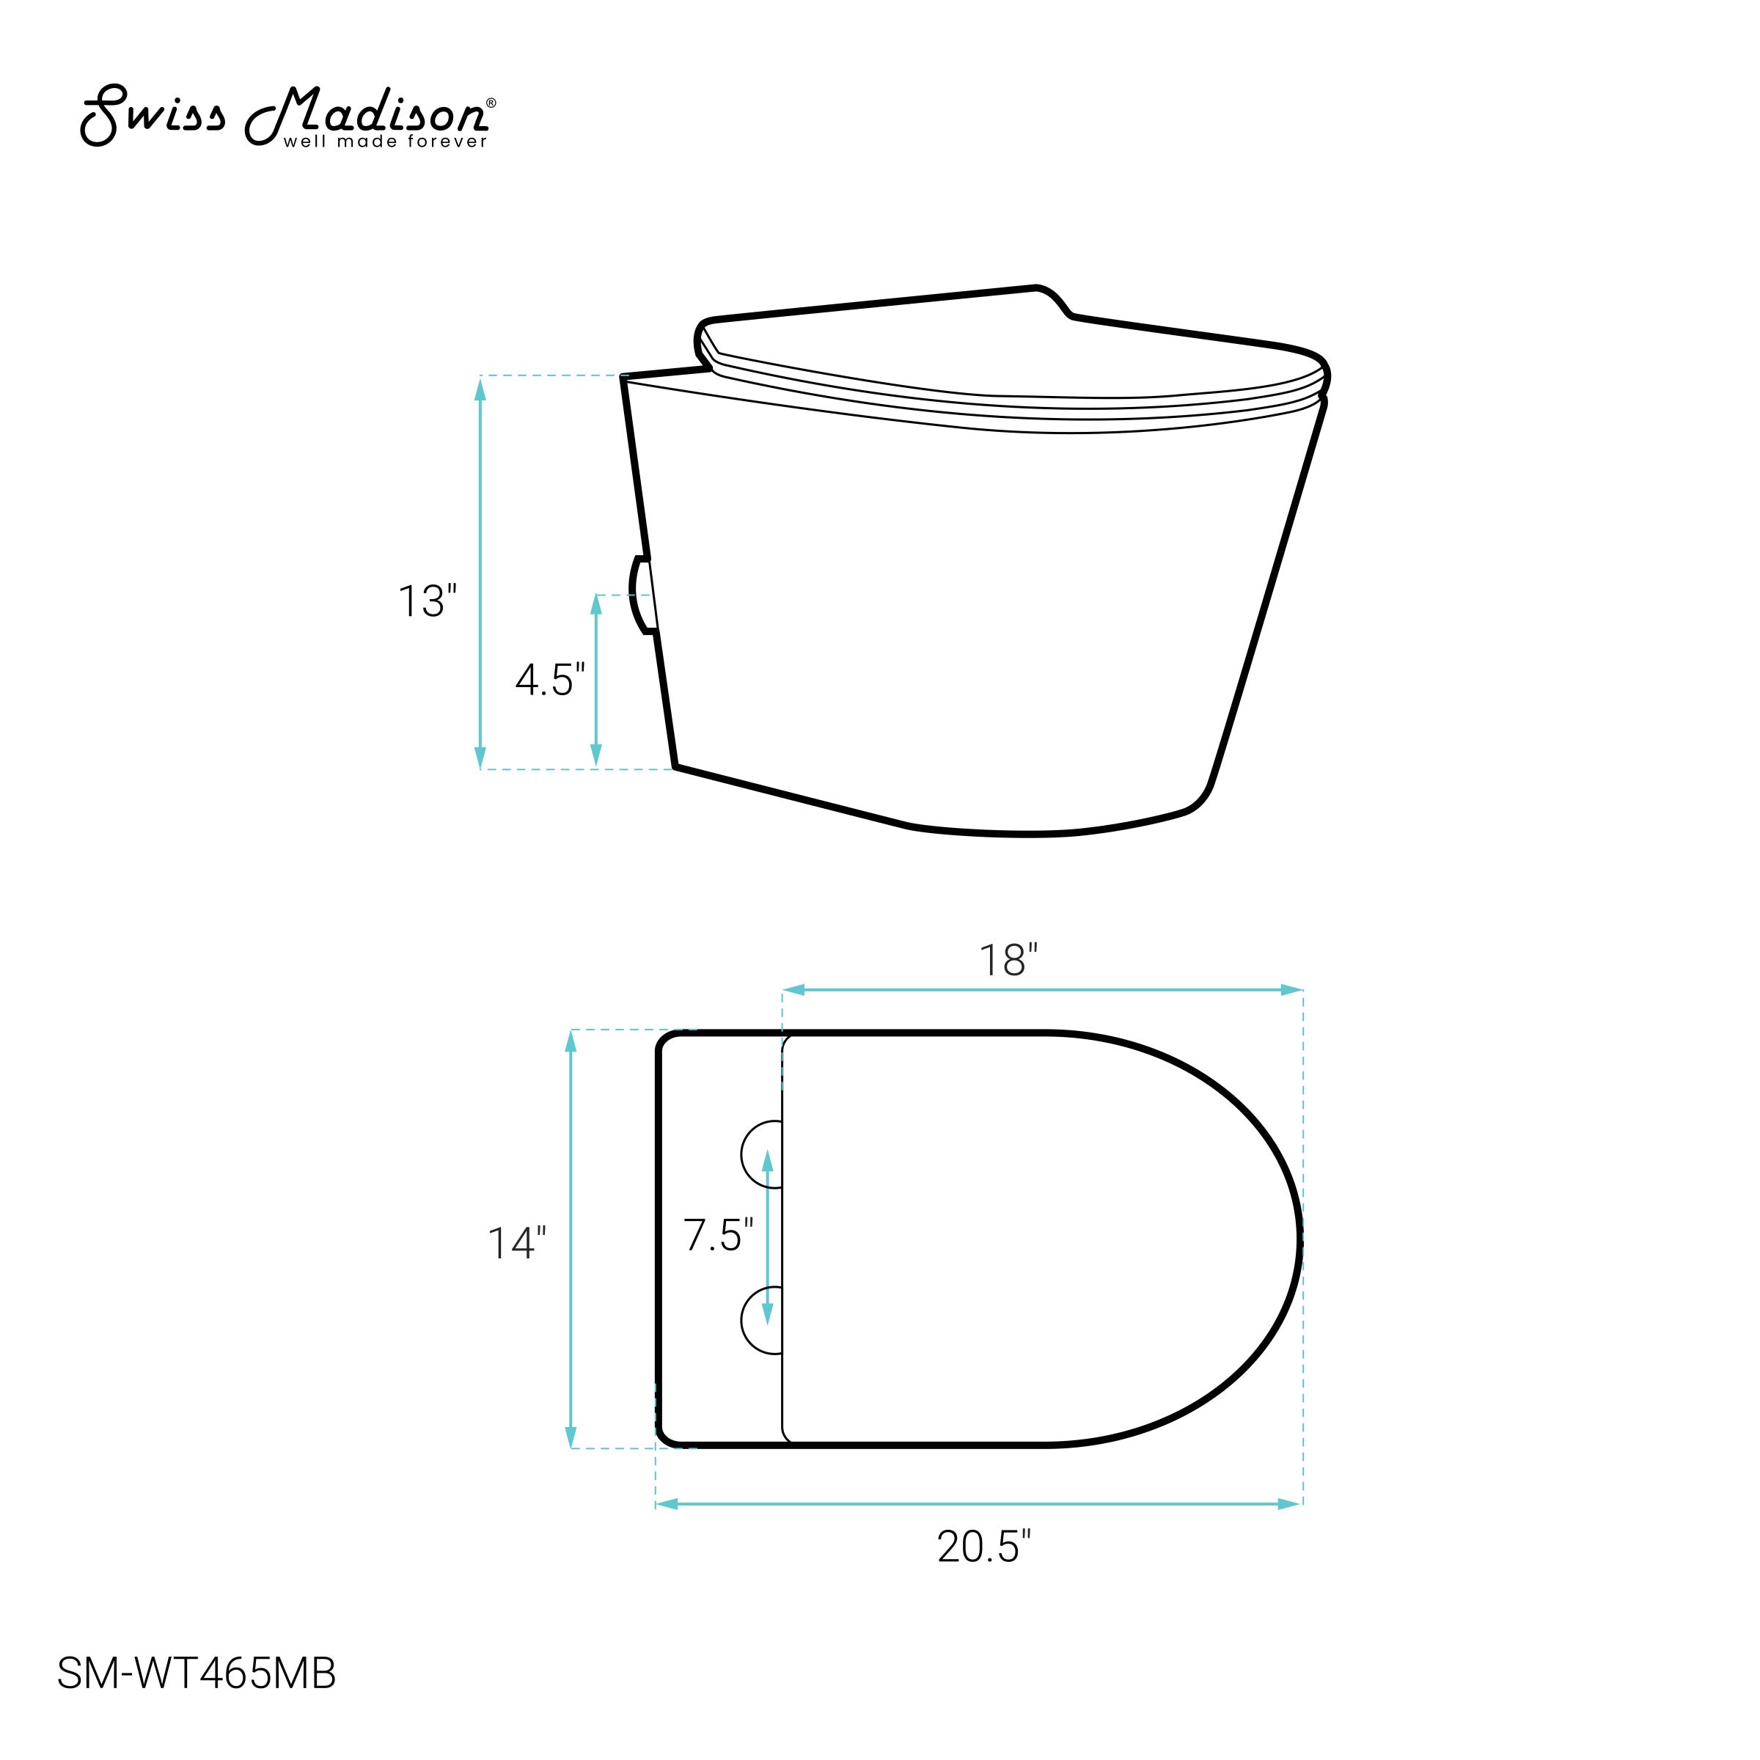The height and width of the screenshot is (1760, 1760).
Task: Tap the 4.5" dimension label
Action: click(x=550, y=680)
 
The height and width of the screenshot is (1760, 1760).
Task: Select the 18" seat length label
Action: click(x=1008, y=961)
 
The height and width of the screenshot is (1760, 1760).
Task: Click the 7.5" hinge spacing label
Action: click(x=719, y=1235)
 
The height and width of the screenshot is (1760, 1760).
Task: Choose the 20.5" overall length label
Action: click(x=985, y=1547)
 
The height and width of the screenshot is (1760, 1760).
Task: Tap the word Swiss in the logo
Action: click(x=152, y=115)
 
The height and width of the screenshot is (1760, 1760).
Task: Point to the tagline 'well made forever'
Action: click(x=385, y=142)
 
